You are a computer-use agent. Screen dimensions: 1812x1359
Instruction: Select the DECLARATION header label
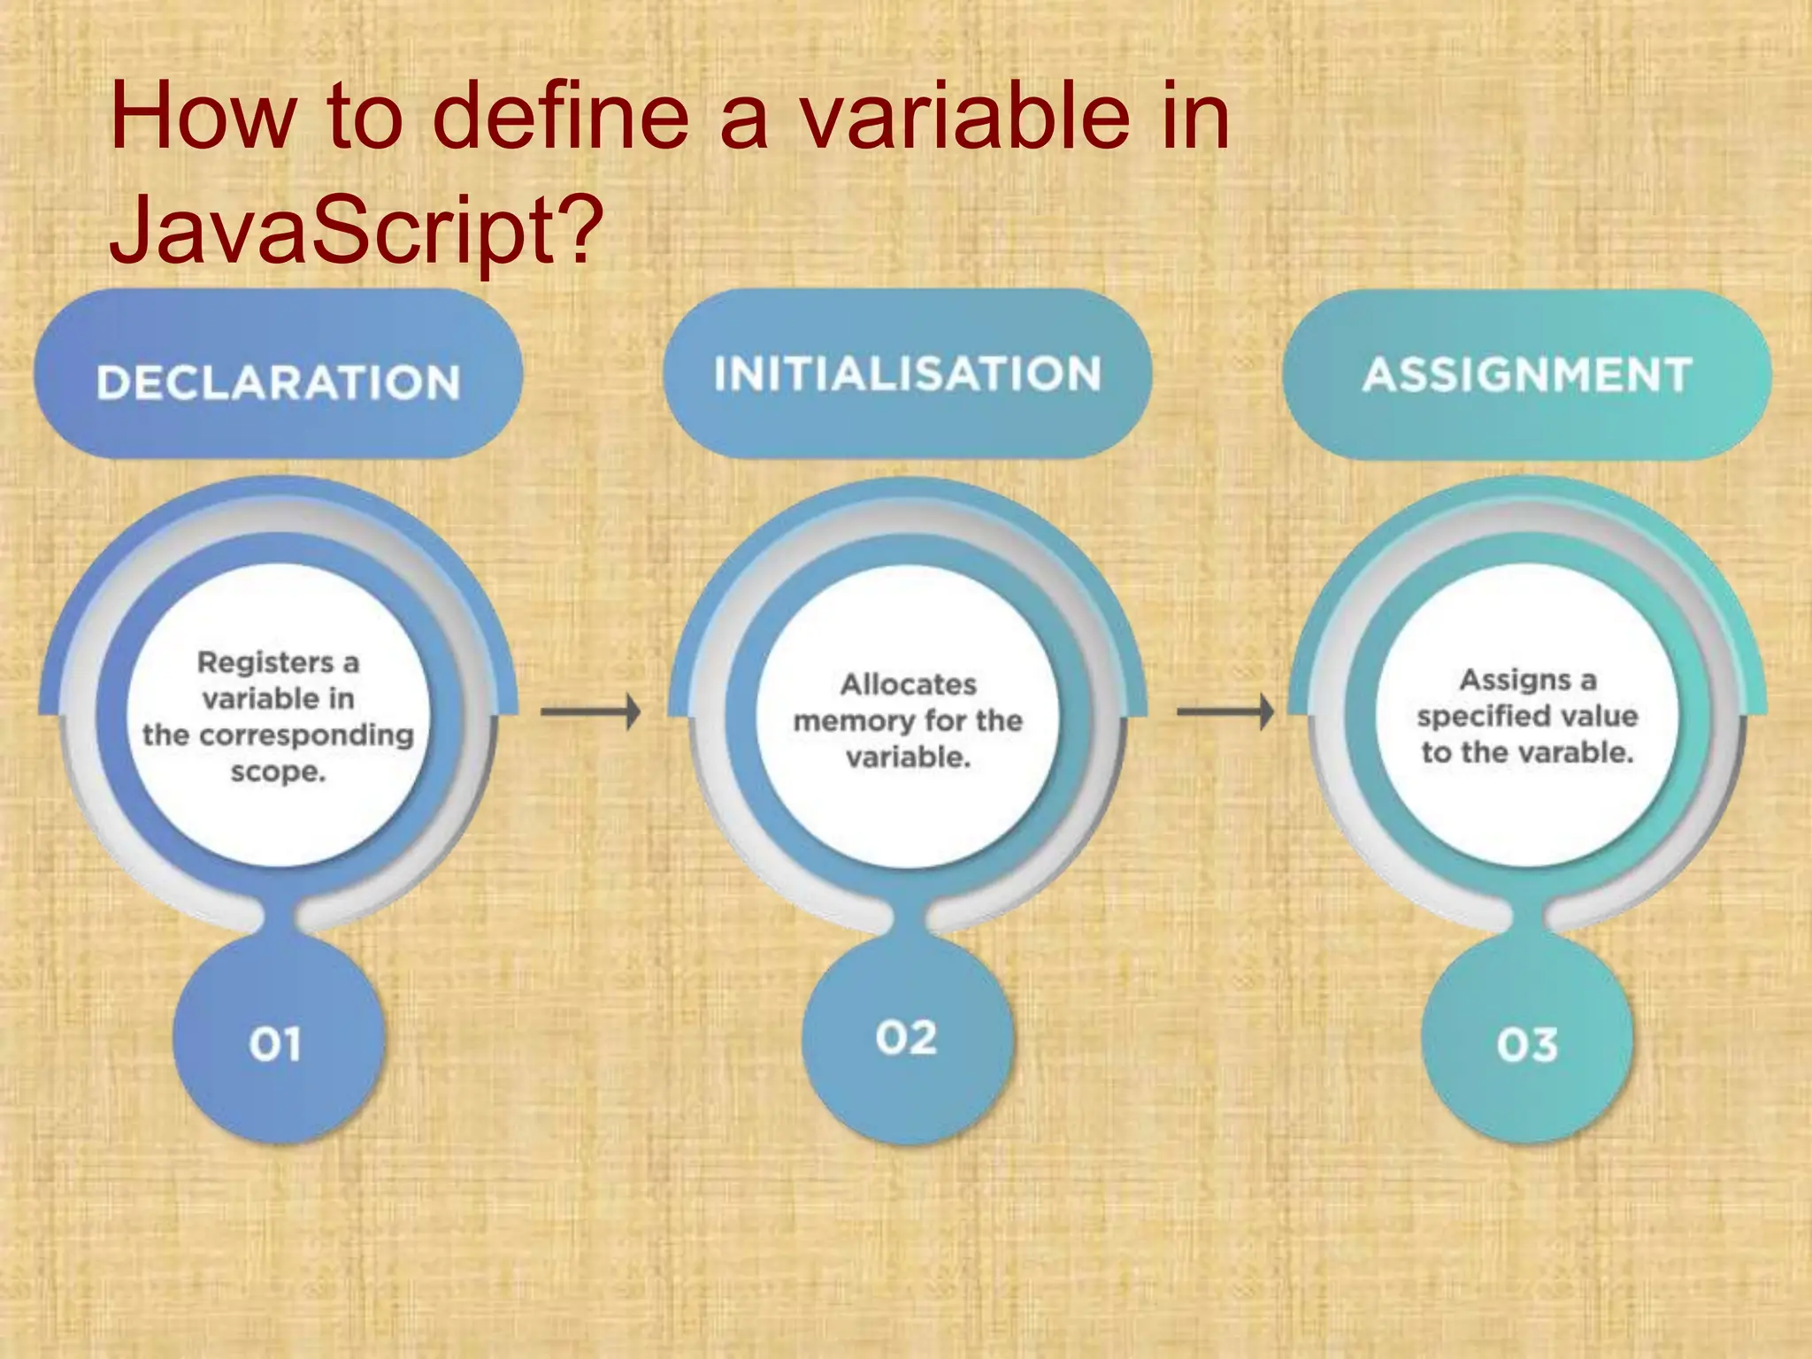[278, 382]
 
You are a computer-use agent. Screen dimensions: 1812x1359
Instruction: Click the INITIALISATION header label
[908, 373]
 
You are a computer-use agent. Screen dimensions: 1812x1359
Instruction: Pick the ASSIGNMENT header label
[1527, 374]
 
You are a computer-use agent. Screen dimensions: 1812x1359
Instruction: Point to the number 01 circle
[276, 1044]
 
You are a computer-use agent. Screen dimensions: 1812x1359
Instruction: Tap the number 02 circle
[906, 1037]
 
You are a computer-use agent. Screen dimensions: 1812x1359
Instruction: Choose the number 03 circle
[1527, 1044]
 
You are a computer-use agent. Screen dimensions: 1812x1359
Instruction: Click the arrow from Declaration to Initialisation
[591, 711]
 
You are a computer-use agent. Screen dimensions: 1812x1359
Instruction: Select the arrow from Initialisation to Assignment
[1225, 711]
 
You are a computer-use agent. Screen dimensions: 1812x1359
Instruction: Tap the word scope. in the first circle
[278, 772]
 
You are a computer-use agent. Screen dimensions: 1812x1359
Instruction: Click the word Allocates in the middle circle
[908, 684]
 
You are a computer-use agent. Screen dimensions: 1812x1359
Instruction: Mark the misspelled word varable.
[1571, 752]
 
